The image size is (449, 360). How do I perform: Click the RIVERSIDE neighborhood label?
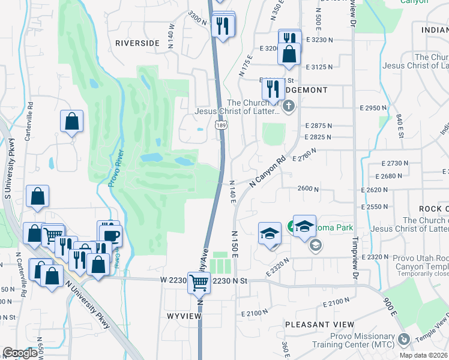coord(137,43)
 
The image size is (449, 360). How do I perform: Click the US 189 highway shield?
coord(220,124)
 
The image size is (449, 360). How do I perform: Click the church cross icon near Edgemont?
coord(289,107)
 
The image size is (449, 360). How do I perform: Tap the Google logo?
coord(20,353)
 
